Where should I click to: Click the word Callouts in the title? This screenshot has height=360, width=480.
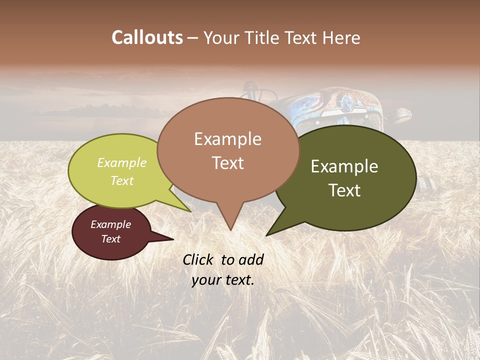[x=147, y=37]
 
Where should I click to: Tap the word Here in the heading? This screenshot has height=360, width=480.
[x=341, y=38]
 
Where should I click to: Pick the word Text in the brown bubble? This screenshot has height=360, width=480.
[x=228, y=162]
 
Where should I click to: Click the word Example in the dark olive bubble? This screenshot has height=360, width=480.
[x=344, y=166]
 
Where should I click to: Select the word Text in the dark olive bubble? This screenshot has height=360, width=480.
[x=345, y=190]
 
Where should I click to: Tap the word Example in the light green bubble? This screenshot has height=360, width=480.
[x=122, y=162]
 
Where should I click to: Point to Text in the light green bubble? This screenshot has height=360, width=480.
[x=122, y=180]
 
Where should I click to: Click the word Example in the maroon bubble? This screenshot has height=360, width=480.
[x=111, y=224]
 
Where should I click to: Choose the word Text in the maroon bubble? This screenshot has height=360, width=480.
[x=111, y=239]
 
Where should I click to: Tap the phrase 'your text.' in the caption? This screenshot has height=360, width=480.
[x=223, y=279]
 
